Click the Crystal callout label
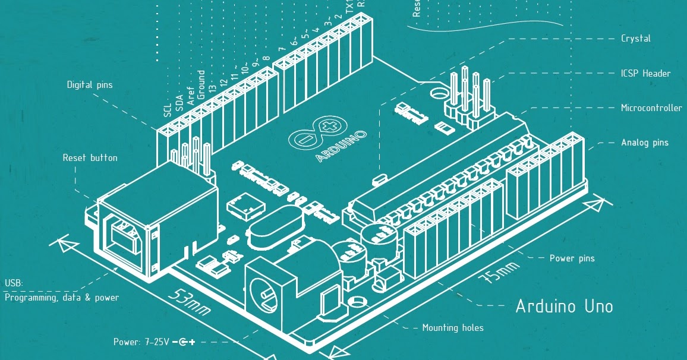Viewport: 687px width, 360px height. tap(635, 39)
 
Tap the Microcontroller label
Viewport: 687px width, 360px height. tap(651, 108)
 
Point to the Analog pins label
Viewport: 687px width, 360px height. tap(644, 143)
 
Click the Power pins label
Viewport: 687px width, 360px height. tap(572, 258)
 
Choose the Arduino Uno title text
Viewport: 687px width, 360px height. tap(564, 307)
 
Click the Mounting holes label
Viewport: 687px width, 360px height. tap(452, 328)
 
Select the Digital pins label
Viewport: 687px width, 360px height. tap(89, 85)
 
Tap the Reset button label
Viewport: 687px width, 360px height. tap(90, 158)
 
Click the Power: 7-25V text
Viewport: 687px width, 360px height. tap(141, 342)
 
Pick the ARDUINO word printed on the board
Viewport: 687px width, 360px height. tap(341, 146)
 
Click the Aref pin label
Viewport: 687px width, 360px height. tap(191, 97)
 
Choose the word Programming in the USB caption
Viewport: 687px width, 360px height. tap(30, 298)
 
